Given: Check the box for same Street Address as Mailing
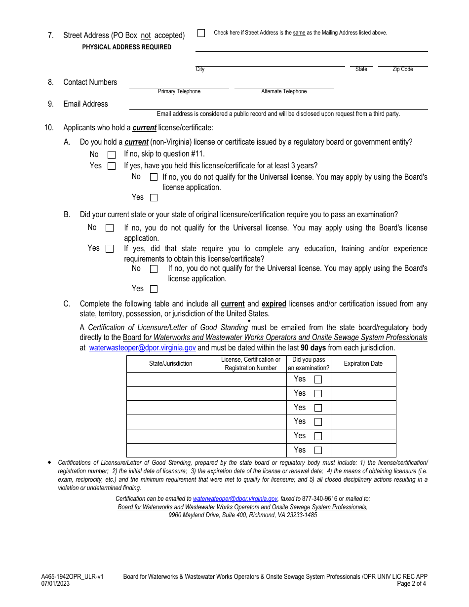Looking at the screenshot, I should tap(201, 33).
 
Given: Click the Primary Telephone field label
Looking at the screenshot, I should tap(179, 91).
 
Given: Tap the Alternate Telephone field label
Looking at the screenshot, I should tap(284, 91).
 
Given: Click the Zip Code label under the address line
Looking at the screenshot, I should tap(402, 69).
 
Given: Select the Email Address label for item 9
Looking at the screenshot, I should tap(85, 104).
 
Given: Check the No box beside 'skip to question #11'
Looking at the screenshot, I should tap(112, 155).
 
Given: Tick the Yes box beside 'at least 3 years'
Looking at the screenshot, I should tap(112, 166).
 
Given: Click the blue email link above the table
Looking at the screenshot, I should tap(142, 348).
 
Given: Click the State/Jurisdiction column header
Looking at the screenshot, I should tap(171, 364).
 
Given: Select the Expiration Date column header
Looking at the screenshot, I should tap(363, 364).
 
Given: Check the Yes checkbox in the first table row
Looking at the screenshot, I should tap(318, 379).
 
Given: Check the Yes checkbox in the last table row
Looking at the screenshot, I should tap(318, 451).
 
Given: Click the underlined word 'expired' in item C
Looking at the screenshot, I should tap(274, 304).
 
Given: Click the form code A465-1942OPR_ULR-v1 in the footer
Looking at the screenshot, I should tap(73, 576).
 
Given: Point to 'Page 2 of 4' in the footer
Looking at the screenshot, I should tap(411, 583).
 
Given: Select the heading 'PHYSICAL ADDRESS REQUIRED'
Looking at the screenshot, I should tap(127, 47).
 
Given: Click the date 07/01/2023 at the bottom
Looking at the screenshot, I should tap(56, 583).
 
